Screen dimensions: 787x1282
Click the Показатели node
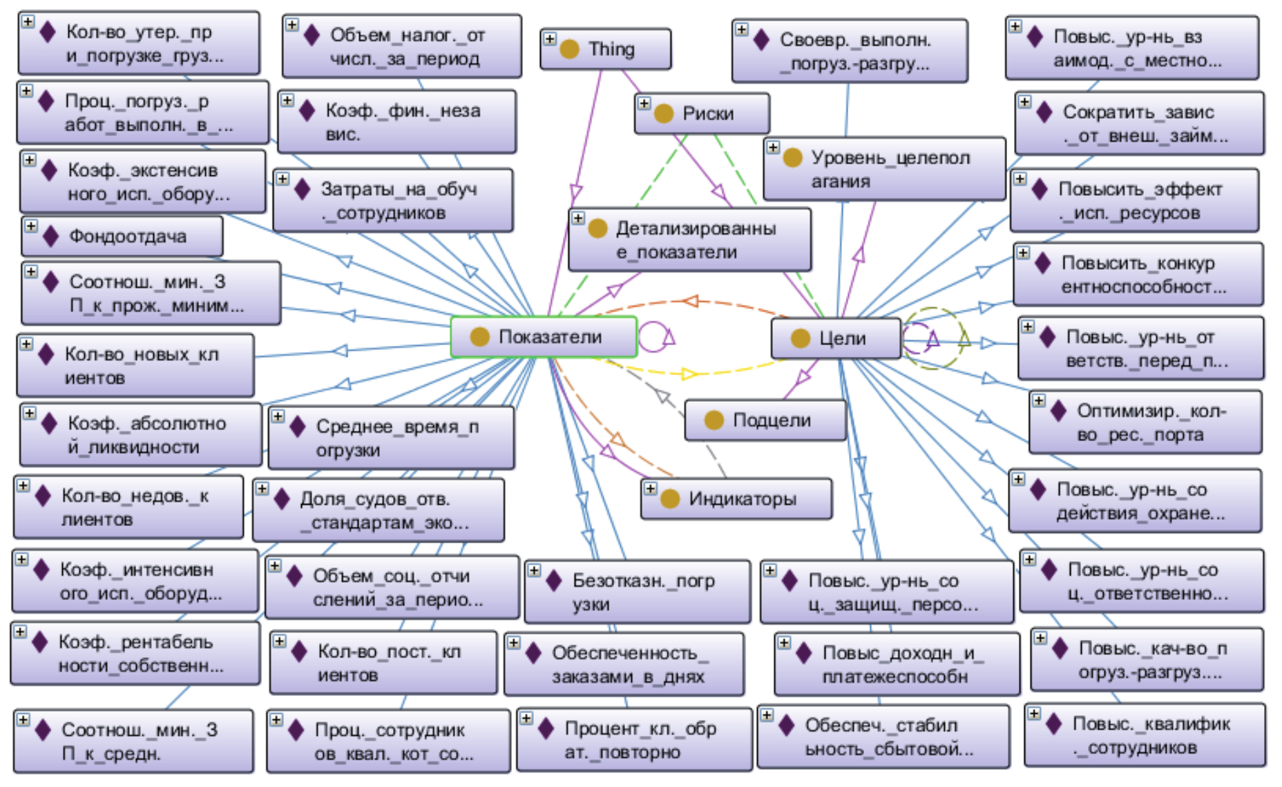[x=544, y=337]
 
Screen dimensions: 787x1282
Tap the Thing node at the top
[x=605, y=49]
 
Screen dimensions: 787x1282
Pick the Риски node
[x=702, y=114]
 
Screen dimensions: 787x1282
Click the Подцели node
[x=765, y=420]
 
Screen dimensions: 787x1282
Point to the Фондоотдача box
[x=123, y=237]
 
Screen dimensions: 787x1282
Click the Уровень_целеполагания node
[x=884, y=169]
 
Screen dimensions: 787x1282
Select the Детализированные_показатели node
[x=689, y=240]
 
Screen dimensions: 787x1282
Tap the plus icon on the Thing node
[x=550, y=39]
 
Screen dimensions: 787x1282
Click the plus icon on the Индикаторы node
[x=650, y=489]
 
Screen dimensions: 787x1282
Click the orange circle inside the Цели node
[x=800, y=338]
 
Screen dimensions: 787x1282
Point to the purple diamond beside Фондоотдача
[x=50, y=237]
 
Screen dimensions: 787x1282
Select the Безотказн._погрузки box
[x=637, y=592]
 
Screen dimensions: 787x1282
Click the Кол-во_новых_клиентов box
[x=135, y=366]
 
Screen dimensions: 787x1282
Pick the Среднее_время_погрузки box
[x=391, y=438]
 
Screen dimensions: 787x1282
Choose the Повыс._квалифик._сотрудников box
[x=1145, y=735]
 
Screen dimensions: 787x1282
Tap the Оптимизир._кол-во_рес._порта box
[x=1145, y=422]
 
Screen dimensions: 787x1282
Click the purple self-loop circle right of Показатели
[x=653, y=337]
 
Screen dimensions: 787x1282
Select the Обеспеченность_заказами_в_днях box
[x=624, y=664]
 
